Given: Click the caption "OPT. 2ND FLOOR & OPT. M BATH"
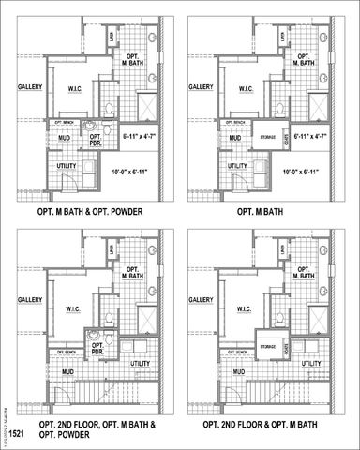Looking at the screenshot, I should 268,425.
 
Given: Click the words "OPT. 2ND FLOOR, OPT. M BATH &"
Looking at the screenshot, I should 97,425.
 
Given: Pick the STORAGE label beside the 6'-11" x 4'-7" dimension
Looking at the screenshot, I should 267,137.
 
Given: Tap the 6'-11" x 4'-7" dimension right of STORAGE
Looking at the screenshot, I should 309,137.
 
